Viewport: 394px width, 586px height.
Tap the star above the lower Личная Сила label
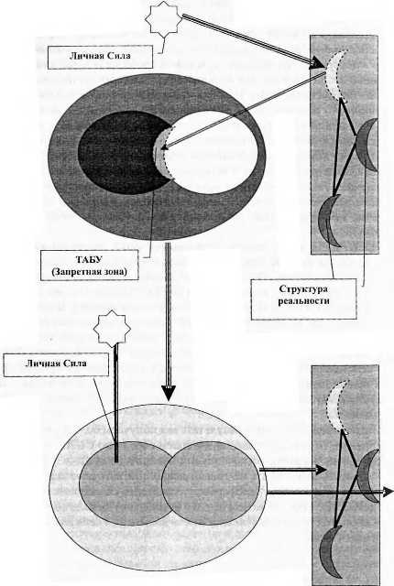(x=112, y=328)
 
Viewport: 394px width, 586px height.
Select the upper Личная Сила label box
(x=100, y=57)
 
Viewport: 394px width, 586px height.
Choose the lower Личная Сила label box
(x=56, y=364)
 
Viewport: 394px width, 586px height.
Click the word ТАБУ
(x=89, y=259)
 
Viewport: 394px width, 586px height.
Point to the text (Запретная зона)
(x=89, y=271)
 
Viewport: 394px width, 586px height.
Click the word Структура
(x=303, y=289)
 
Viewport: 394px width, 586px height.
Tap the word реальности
(x=303, y=300)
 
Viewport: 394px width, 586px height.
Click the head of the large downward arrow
(x=169, y=393)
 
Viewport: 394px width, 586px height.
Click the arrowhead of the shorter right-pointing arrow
(x=321, y=470)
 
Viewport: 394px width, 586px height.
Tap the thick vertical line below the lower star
(x=115, y=403)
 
